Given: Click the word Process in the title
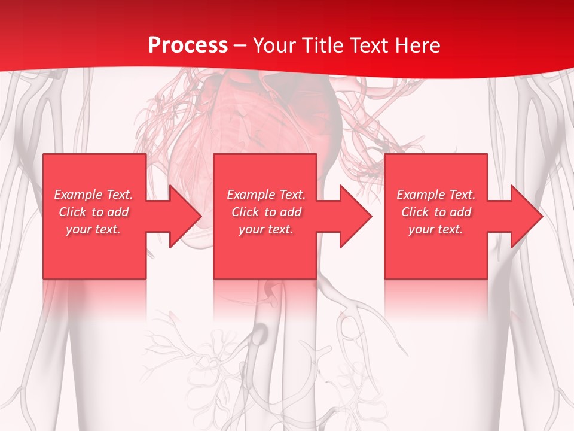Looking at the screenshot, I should point(188,45).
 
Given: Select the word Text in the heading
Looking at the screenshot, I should point(371,45).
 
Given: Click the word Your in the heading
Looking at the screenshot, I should point(274,45).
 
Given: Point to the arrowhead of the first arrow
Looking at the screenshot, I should point(185,216).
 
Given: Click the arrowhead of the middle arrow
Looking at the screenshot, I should point(356,216).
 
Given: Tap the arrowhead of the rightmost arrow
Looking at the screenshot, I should point(526,216).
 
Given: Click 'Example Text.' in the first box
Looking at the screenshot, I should point(93,195).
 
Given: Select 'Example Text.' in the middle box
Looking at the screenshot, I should point(266,195).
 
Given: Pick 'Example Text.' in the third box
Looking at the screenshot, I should point(436,195).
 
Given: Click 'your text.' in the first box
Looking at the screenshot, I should point(93,229).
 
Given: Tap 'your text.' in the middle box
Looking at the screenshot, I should point(266,229).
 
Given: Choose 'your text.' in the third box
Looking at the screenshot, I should point(436,229).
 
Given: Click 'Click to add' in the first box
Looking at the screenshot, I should point(93,212).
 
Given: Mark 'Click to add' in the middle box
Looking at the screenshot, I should point(266,212).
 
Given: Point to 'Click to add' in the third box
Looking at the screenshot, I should point(436,212).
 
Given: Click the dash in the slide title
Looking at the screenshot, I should point(240,45).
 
